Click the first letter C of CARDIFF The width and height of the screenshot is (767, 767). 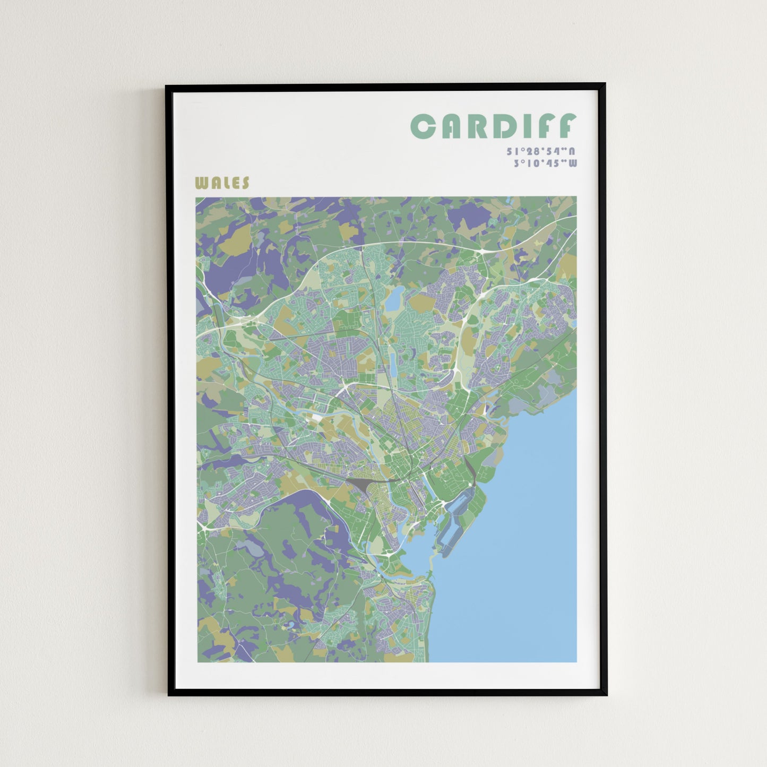coord(423,126)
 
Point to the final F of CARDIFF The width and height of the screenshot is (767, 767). coord(566,126)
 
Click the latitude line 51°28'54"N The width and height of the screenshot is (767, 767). coord(541,152)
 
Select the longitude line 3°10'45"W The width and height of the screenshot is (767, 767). coord(545,163)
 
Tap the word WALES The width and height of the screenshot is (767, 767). coord(222,183)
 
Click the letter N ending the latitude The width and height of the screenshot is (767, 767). coord(572,152)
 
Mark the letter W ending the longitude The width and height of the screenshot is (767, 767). coord(572,163)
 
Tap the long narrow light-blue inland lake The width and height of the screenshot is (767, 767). coord(393,363)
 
